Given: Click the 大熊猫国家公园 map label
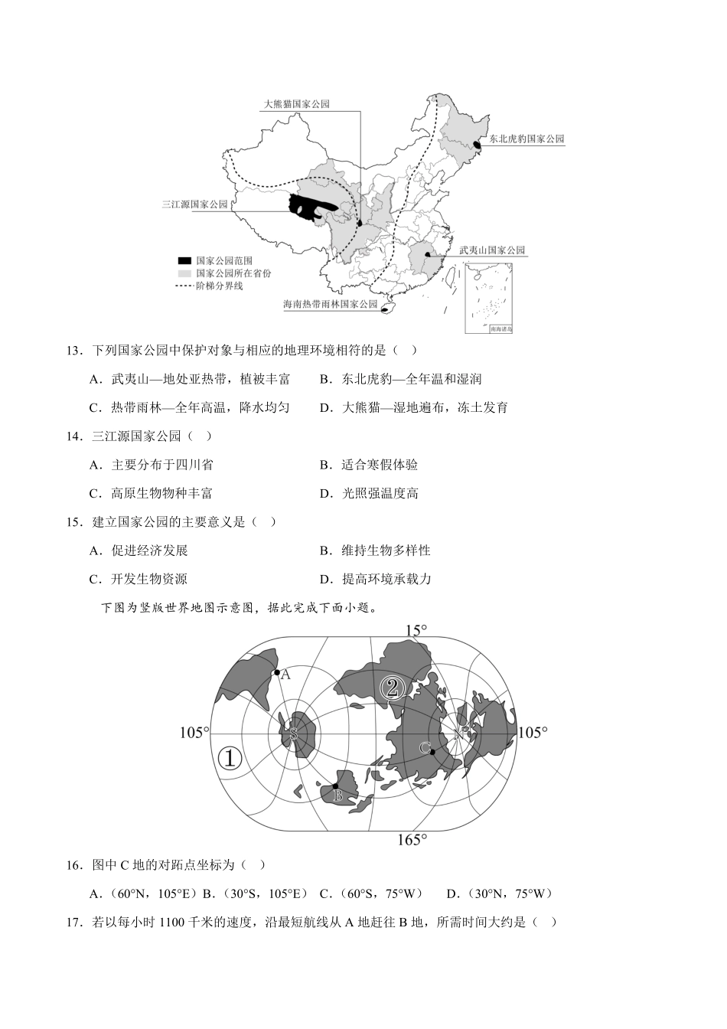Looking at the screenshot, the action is pos(296,103).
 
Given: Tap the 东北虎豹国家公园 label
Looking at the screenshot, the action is pos(527,139).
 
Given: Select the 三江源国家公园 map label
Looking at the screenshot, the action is pos(195,204).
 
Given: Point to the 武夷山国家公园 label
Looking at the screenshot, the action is pos(492,250).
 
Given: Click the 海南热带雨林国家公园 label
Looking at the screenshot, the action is pos(331,304).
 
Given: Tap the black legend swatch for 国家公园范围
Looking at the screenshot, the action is pos(184,261).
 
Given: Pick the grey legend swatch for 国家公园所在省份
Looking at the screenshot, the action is pos(184,273).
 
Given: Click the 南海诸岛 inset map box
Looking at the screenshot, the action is pos(488,299).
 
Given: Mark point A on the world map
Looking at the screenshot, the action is pos(276,673).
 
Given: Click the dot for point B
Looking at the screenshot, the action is pos(334,786).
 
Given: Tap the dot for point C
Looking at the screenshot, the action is pos(432,752).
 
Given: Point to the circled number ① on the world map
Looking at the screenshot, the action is pos(230,758).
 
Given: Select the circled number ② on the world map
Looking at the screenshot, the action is pos(393,688).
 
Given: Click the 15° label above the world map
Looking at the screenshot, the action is pos(416,631).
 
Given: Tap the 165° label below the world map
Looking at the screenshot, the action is pos(411,840).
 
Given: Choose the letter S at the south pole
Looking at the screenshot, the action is pos(292,733).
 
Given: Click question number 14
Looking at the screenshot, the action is pos(74,436).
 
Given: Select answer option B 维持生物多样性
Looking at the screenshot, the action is pos(375,550).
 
